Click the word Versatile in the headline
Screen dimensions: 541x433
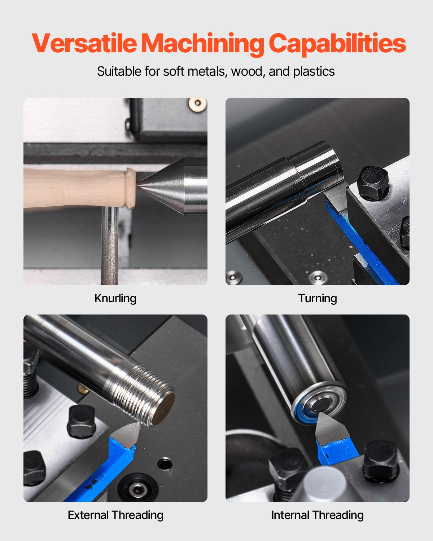click(84, 43)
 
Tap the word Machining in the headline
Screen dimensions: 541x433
click(202, 43)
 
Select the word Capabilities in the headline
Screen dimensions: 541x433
click(337, 43)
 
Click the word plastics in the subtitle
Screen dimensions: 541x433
click(314, 71)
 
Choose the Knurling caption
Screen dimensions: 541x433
click(115, 298)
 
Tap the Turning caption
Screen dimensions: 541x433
click(317, 298)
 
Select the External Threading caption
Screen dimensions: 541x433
click(115, 515)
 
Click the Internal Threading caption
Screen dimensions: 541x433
click(317, 515)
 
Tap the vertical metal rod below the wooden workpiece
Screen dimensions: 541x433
click(109, 245)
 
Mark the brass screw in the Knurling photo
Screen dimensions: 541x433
click(197, 104)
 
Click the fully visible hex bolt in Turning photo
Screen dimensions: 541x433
click(372, 183)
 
